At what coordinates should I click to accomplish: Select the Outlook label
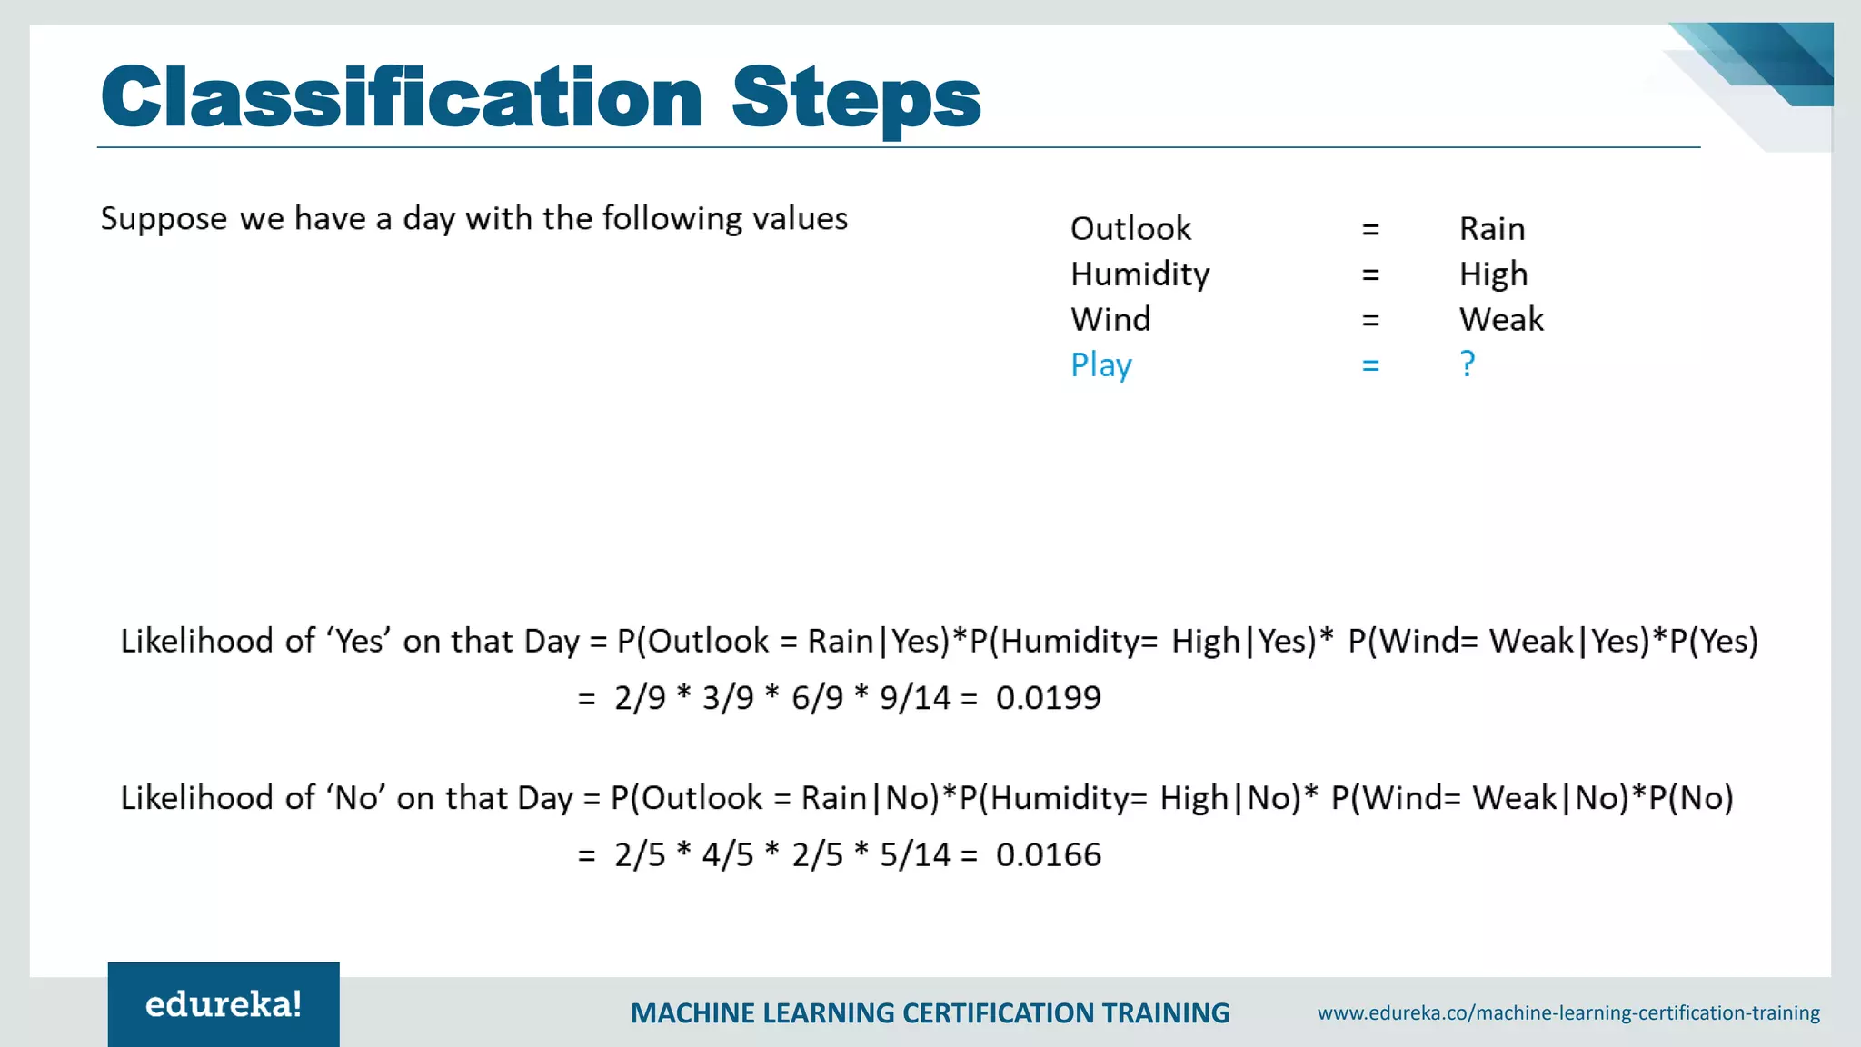pos(1130,229)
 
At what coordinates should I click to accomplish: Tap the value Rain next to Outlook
pos(1492,229)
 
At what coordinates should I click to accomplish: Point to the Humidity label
pos(1139,274)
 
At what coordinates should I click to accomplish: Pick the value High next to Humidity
pos(1493,274)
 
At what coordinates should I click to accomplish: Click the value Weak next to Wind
pos(1501,320)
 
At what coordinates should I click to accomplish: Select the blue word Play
pos(1100,365)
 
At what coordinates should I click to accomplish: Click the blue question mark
pos(1468,364)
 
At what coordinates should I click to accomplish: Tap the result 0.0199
pos(1049,698)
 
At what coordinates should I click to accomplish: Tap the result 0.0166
pos(1049,855)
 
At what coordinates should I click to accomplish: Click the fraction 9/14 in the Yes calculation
pos(914,698)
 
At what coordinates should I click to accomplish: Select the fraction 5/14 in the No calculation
pos(914,855)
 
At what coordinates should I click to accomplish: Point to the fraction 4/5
pos(728,855)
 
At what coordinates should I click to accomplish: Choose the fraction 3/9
pos(728,698)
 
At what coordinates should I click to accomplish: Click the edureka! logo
pos(224,1004)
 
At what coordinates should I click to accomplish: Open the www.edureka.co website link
pos(1568,1012)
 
